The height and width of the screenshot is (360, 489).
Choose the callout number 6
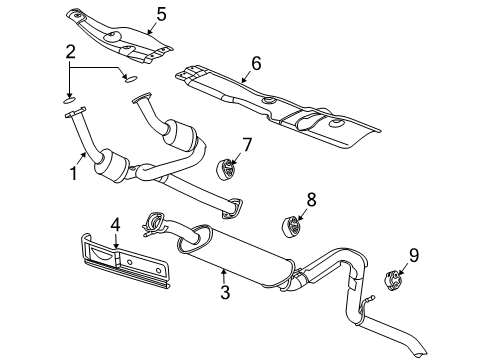[x=255, y=63]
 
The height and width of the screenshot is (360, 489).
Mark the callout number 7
[x=247, y=146]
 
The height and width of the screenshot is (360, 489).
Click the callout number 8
[x=311, y=200]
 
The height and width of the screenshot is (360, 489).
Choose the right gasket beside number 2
[x=129, y=75]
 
